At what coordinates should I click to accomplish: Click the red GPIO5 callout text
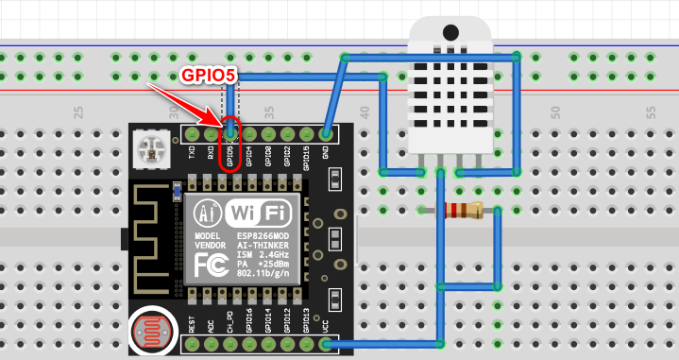click(208, 74)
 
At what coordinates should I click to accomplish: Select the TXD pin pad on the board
click(192, 134)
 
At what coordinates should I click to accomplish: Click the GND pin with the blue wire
click(326, 134)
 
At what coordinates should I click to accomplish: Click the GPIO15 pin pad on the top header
click(306, 134)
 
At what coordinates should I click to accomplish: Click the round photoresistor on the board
click(151, 332)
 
